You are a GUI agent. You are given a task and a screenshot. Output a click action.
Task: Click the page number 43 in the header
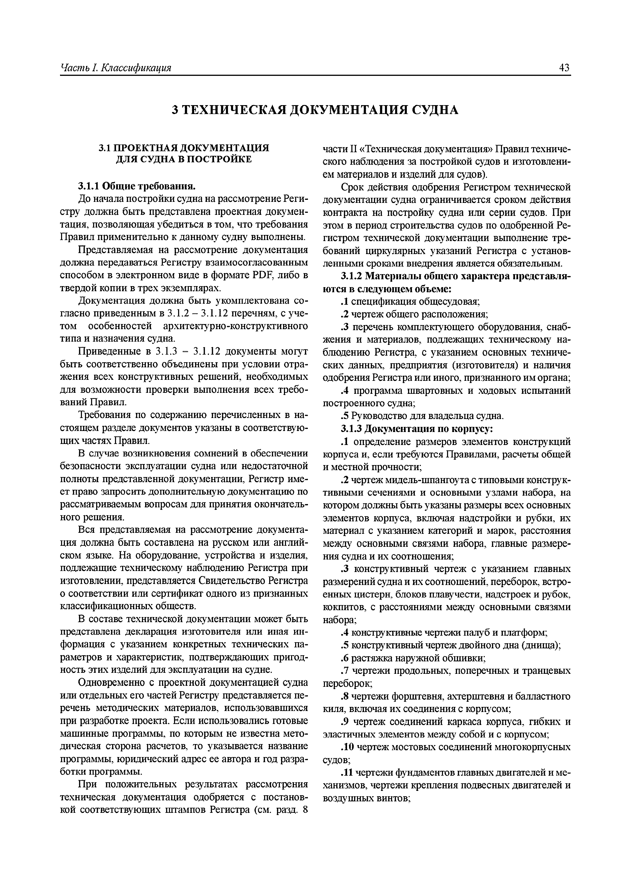pyautogui.click(x=564, y=68)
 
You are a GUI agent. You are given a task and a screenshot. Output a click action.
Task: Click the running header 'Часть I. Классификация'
pyautogui.click(x=116, y=68)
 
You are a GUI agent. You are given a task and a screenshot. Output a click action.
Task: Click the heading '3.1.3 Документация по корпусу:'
pyautogui.click(x=417, y=429)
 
